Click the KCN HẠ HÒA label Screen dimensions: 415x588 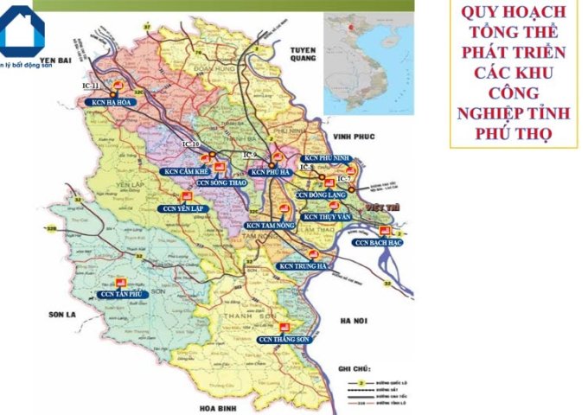click(105, 102)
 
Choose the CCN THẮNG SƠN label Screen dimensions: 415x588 click(284, 339)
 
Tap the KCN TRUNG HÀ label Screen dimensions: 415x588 click(302, 266)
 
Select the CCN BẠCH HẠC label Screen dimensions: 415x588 click(378, 243)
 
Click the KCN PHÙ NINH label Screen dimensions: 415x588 click(325, 158)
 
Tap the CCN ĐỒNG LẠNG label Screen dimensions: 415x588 click(321, 195)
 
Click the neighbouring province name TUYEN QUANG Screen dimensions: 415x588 click(305, 54)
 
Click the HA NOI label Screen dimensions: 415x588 click(355, 321)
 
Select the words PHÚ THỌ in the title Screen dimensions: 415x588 click(514, 134)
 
